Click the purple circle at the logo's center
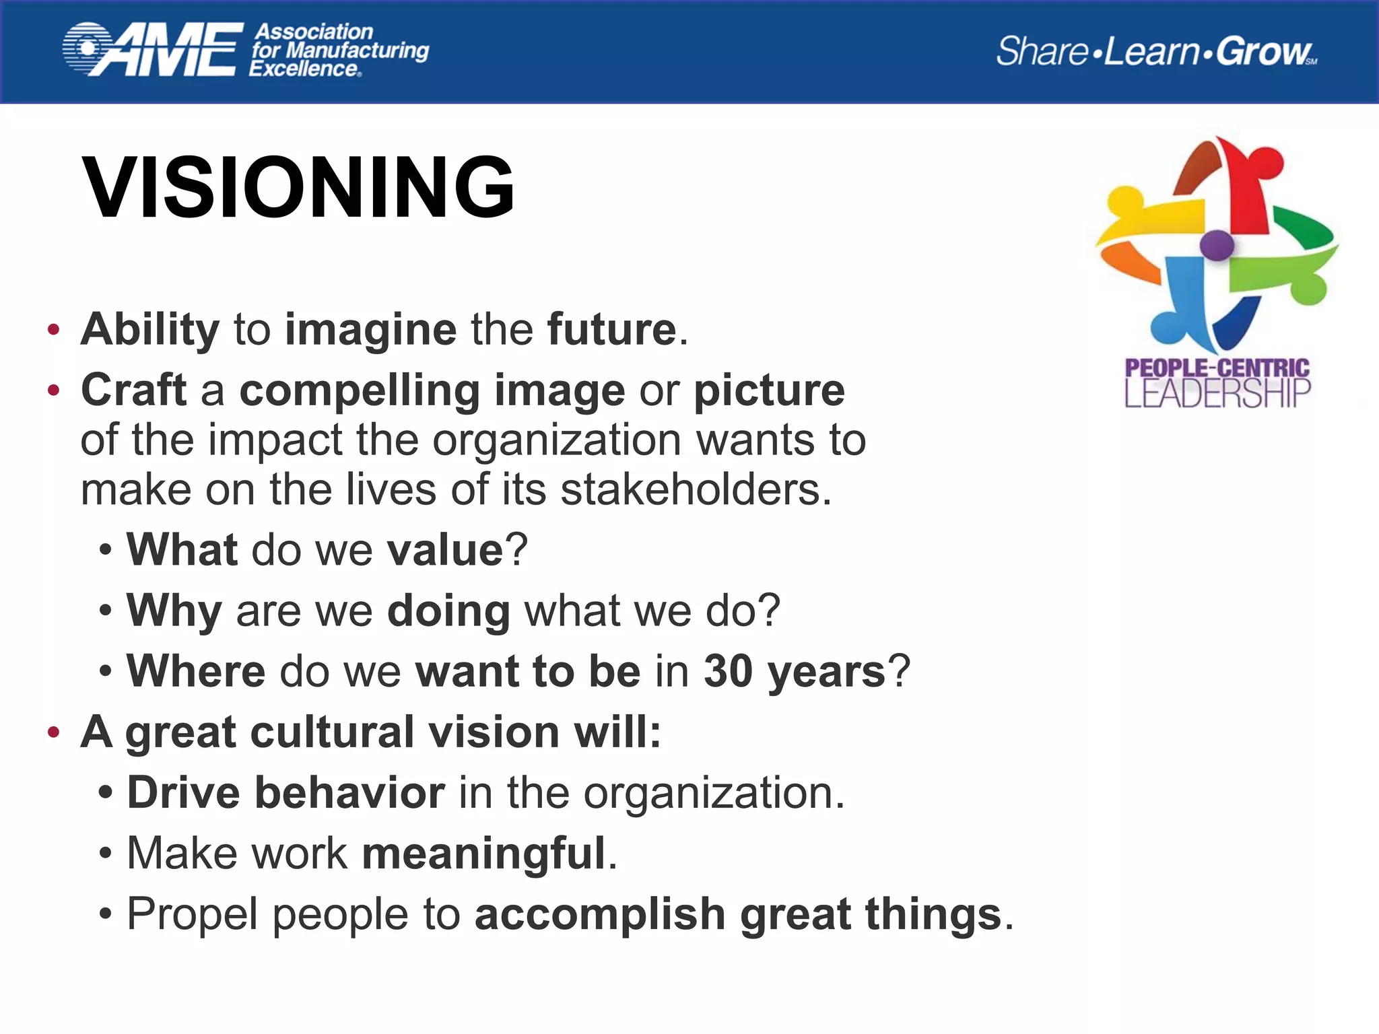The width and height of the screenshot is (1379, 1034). [1216, 245]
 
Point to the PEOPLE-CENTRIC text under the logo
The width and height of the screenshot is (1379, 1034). [1217, 368]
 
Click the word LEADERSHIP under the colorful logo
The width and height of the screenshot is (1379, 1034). [1217, 394]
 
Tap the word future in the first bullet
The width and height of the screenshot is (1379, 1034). [611, 330]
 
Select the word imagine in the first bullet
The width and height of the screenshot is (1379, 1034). [370, 331]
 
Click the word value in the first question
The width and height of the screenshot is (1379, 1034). [445, 550]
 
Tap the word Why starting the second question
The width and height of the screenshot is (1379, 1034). [174, 611]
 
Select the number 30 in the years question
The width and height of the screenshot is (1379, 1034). [727, 671]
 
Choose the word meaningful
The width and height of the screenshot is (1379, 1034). [483, 854]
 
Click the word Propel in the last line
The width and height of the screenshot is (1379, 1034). [193, 915]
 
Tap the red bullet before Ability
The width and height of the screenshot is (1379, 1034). [54, 331]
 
